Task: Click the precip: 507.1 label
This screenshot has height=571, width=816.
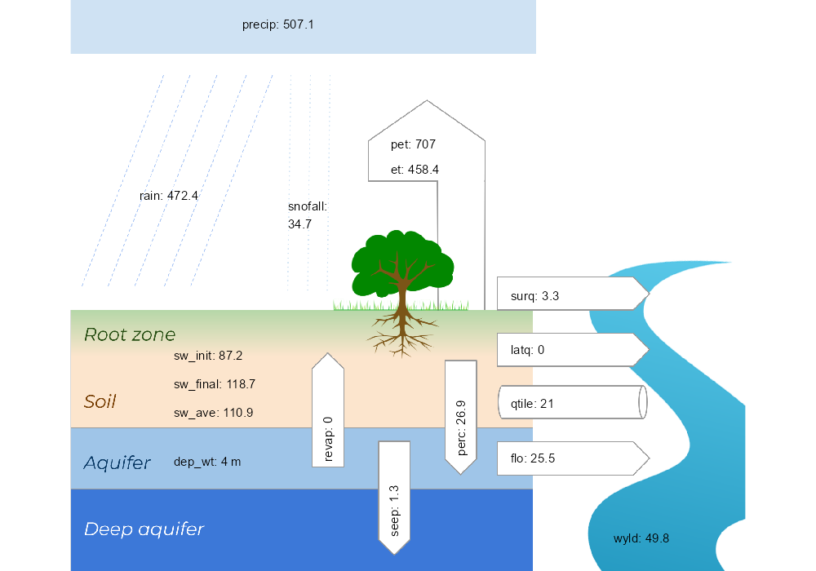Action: coord(277,25)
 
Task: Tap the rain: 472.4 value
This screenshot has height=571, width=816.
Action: coord(169,196)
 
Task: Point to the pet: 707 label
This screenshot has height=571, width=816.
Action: coord(413,144)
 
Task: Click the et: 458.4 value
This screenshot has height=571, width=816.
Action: coord(415,170)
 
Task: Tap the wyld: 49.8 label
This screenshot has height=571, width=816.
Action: coord(641,538)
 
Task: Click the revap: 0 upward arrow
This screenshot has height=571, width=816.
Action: coord(328,412)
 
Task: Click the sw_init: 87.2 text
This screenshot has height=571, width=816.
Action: coord(208,356)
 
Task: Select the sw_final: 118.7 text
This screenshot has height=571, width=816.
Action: coord(215,384)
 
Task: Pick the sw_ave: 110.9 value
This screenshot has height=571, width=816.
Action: coord(213,413)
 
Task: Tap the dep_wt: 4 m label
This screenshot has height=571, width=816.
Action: coord(207,462)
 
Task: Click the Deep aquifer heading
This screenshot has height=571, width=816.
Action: coord(144,529)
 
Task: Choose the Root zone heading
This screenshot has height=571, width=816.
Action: coord(130,334)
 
